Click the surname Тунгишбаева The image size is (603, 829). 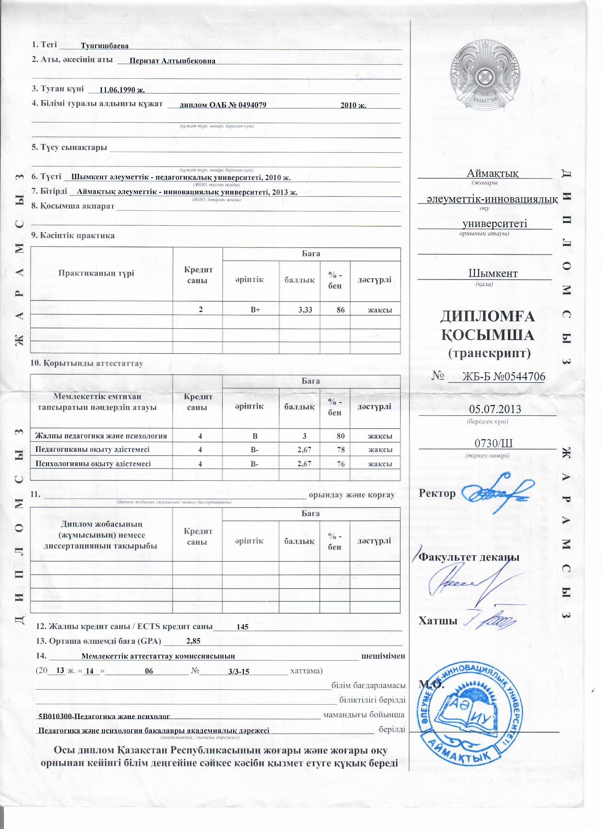[105, 46]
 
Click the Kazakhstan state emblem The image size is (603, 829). [485, 76]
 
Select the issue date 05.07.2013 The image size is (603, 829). [495, 409]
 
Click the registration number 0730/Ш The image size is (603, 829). [493, 444]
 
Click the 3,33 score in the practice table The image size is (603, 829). [305, 310]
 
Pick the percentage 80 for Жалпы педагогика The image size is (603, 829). [341, 436]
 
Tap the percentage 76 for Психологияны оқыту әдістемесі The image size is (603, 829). [341, 464]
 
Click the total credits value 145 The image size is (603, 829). [243, 627]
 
